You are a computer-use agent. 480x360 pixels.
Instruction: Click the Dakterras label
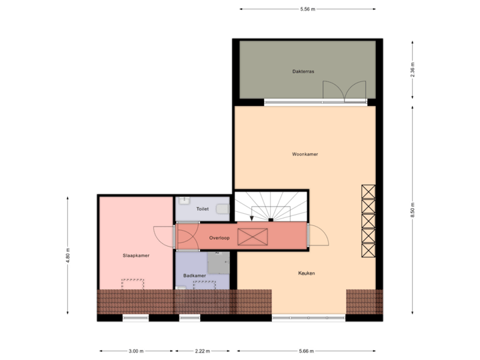[x=303, y=71]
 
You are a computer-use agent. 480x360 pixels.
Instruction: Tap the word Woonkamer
[x=305, y=154]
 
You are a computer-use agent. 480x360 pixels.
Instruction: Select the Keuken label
[x=307, y=273]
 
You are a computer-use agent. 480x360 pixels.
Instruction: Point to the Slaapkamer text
[x=135, y=255]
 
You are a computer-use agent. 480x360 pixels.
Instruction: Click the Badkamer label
[x=194, y=275]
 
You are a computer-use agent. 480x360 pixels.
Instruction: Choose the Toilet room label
[x=203, y=209]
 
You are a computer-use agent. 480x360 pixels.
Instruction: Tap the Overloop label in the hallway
[x=219, y=237]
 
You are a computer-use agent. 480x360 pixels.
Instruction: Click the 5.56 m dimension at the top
[x=307, y=9]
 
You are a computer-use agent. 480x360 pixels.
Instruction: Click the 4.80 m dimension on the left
[x=67, y=255]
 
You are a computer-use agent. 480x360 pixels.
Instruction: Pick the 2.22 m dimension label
[x=203, y=351]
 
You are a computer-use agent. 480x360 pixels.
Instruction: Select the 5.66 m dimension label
[x=307, y=351]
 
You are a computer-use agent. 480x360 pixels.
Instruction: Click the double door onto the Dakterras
[x=344, y=91]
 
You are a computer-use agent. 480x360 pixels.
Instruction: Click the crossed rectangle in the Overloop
[x=253, y=237]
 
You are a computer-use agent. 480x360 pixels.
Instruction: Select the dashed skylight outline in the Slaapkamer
[x=132, y=284]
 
